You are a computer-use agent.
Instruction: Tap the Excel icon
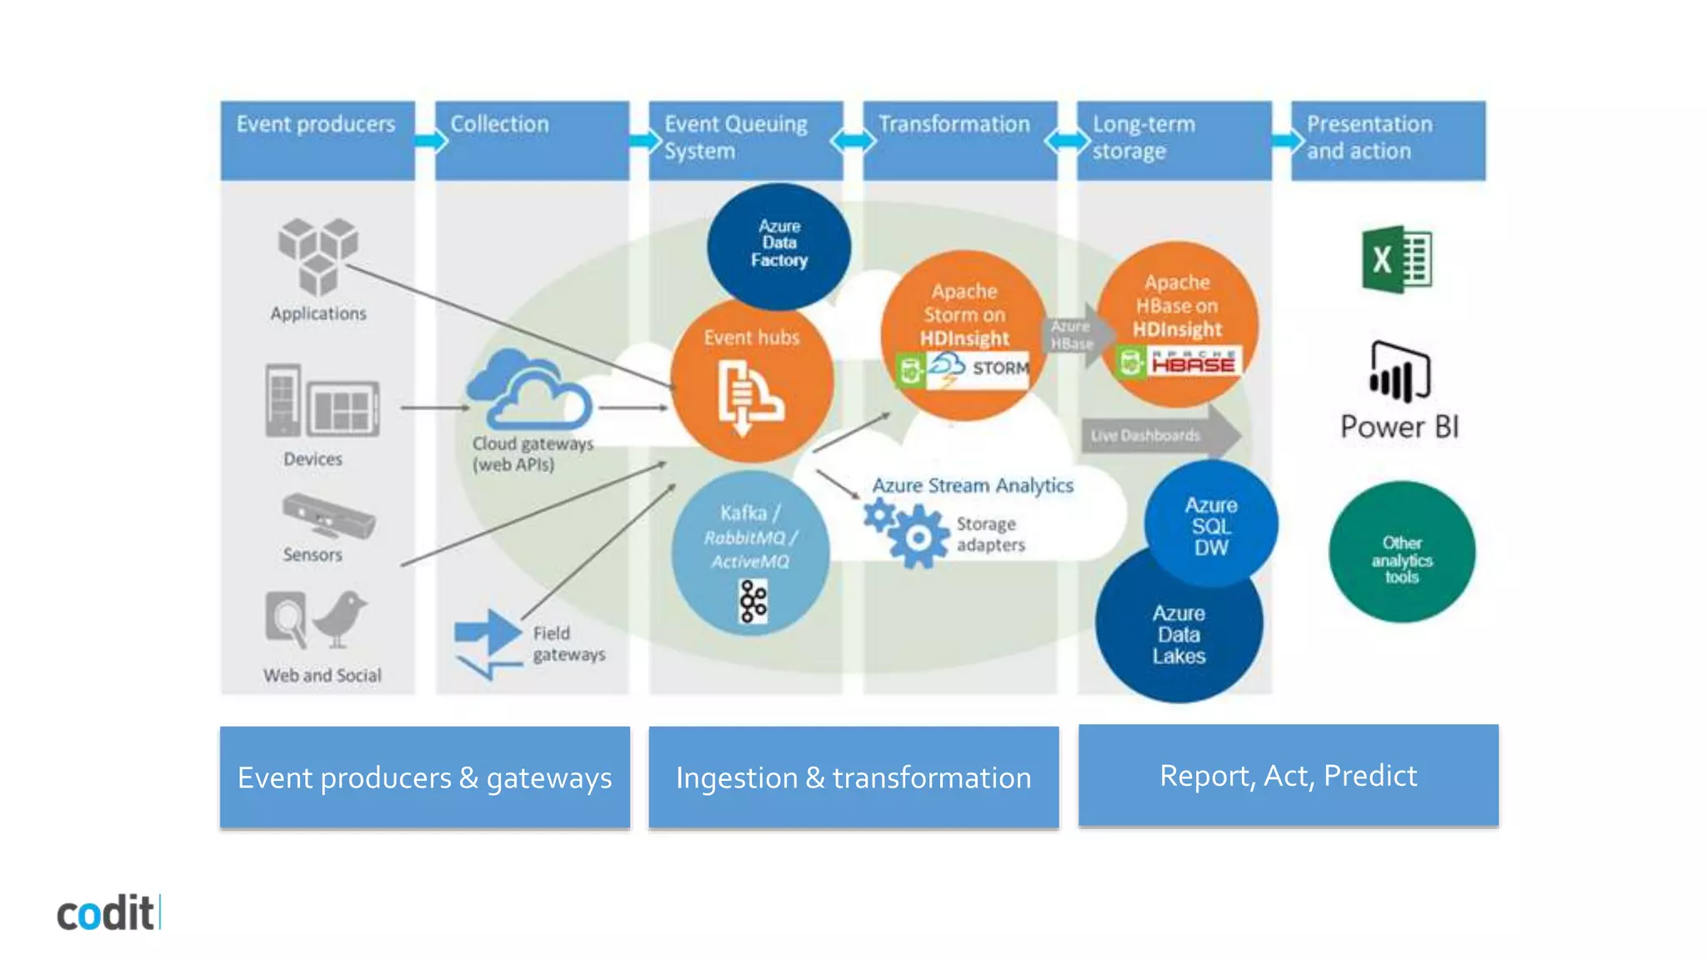(1397, 259)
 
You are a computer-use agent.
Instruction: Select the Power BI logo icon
(1399, 372)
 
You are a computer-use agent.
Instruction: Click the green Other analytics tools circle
(1401, 552)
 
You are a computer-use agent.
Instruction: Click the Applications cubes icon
(318, 255)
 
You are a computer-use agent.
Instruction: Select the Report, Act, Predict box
(1288, 775)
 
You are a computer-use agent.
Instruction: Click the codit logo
(107, 913)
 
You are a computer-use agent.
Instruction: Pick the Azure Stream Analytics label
(972, 485)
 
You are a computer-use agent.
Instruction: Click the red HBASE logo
(1193, 362)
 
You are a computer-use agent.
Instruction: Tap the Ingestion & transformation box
(853, 777)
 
